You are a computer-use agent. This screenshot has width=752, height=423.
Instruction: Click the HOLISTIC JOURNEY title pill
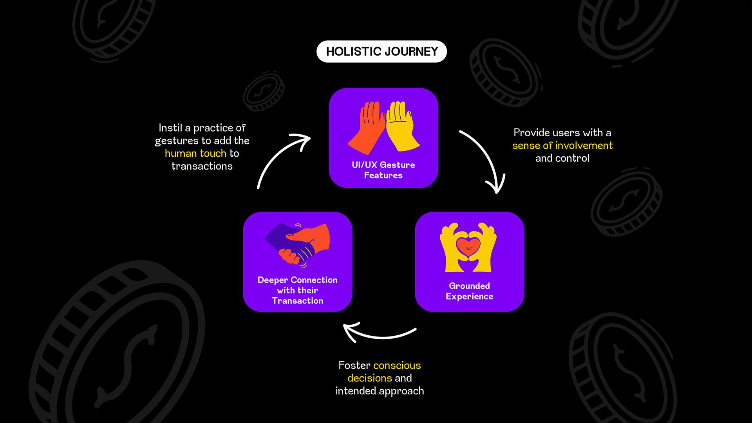[x=381, y=51]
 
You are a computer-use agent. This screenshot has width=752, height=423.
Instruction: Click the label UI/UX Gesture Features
[x=383, y=170]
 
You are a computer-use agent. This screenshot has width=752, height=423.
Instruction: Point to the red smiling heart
[x=468, y=247]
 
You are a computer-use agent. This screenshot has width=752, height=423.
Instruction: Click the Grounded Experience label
[x=469, y=291]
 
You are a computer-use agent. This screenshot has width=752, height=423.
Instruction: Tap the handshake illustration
[x=298, y=245]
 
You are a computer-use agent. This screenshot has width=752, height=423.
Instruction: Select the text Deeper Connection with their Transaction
[x=297, y=290]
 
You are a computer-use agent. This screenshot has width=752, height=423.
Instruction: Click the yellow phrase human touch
[x=195, y=153]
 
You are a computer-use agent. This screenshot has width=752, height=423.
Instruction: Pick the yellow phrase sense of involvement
[x=562, y=145]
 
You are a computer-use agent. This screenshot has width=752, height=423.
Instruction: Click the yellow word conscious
[x=397, y=365]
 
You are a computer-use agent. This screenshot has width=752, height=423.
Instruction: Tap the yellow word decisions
[x=369, y=378]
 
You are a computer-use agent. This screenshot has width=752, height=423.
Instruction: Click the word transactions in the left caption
[x=202, y=166]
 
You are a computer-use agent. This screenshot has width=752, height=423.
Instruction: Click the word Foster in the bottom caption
[x=354, y=365]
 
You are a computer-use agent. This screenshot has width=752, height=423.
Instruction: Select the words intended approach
[x=380, y=391]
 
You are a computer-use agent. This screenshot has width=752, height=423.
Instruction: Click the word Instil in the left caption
[x=170, y=128]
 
